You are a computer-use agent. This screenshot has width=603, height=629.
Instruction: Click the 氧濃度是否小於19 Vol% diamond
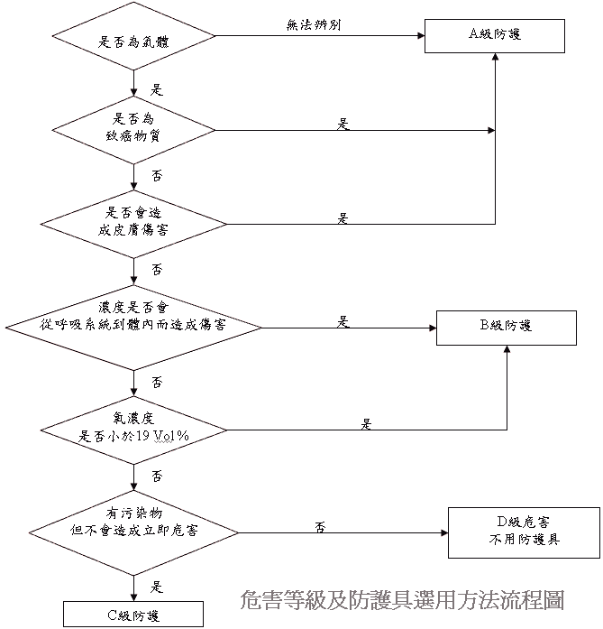[133, 428]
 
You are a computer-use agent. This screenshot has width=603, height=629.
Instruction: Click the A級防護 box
[495, 36]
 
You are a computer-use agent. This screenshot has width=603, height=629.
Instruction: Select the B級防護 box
[506, 326]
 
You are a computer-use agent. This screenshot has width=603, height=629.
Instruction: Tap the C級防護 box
[133, 615]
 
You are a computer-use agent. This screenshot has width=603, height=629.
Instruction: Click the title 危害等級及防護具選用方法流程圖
[402, 598]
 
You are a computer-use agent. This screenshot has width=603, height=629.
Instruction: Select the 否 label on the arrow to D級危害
[320, 525]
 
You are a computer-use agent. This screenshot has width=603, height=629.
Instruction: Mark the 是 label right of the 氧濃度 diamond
[366, 422]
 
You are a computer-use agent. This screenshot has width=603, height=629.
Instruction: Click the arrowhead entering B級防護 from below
[506, 348]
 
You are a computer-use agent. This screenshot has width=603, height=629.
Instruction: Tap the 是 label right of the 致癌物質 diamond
[343, 124]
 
